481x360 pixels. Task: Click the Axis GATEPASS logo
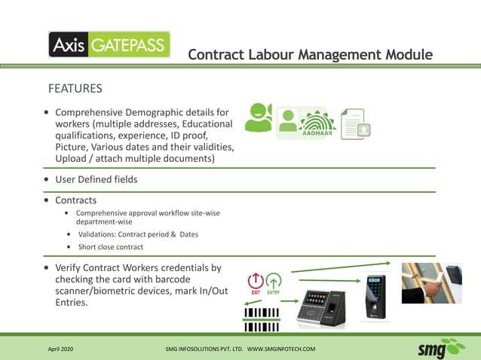[x=109, y=44]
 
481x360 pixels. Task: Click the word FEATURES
[x=75, y=89]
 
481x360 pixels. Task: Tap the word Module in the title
[x=403, y=55]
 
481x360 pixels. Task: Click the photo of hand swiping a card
[x=431, y=282]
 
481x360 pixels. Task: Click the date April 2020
[x=61, y=349]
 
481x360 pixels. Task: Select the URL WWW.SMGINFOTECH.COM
[x=281, y=349]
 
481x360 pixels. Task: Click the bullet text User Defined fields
[x=97, y=180]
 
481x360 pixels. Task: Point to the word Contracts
[x=76, y=200]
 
